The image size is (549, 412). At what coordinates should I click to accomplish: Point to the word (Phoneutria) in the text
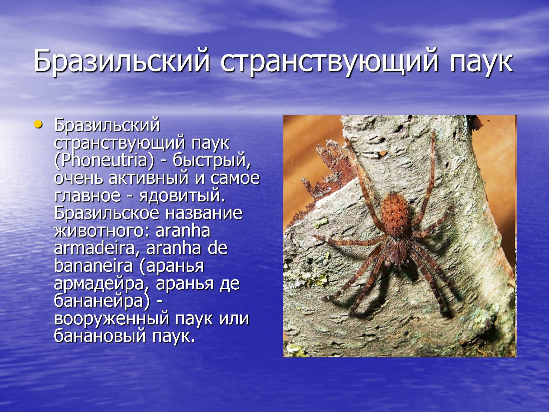pos(104,161)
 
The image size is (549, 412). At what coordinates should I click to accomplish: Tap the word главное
pos(87,196)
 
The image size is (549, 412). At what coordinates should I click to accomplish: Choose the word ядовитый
pos(182,196)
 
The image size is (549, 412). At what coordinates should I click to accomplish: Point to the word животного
pos(102,231)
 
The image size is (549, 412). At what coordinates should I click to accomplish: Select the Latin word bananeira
pos(93,266)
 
